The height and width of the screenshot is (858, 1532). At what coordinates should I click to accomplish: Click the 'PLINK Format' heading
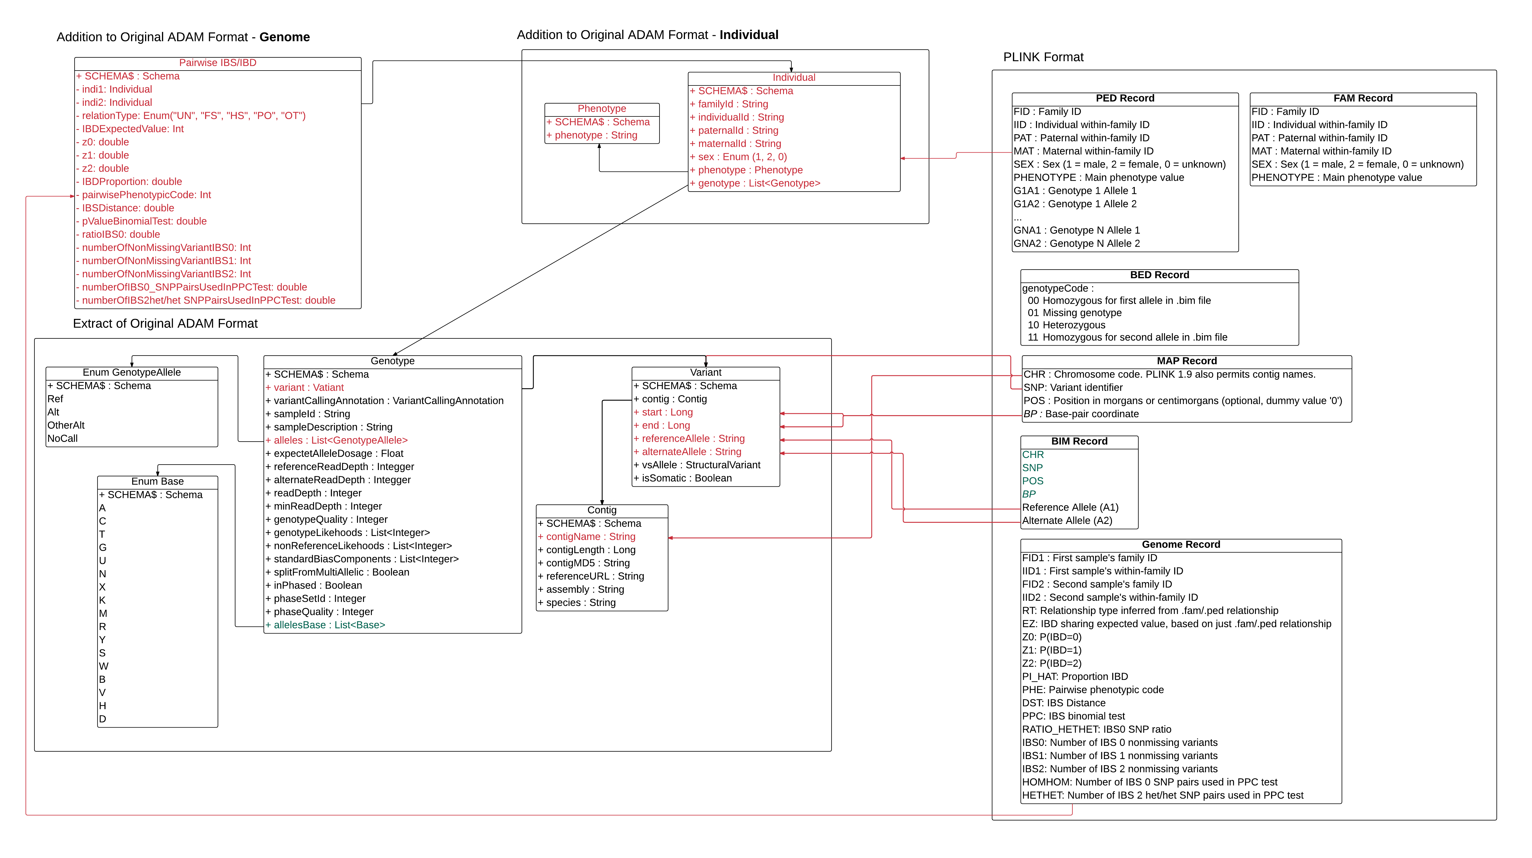pyautogui.click(x=1043, y=57)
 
